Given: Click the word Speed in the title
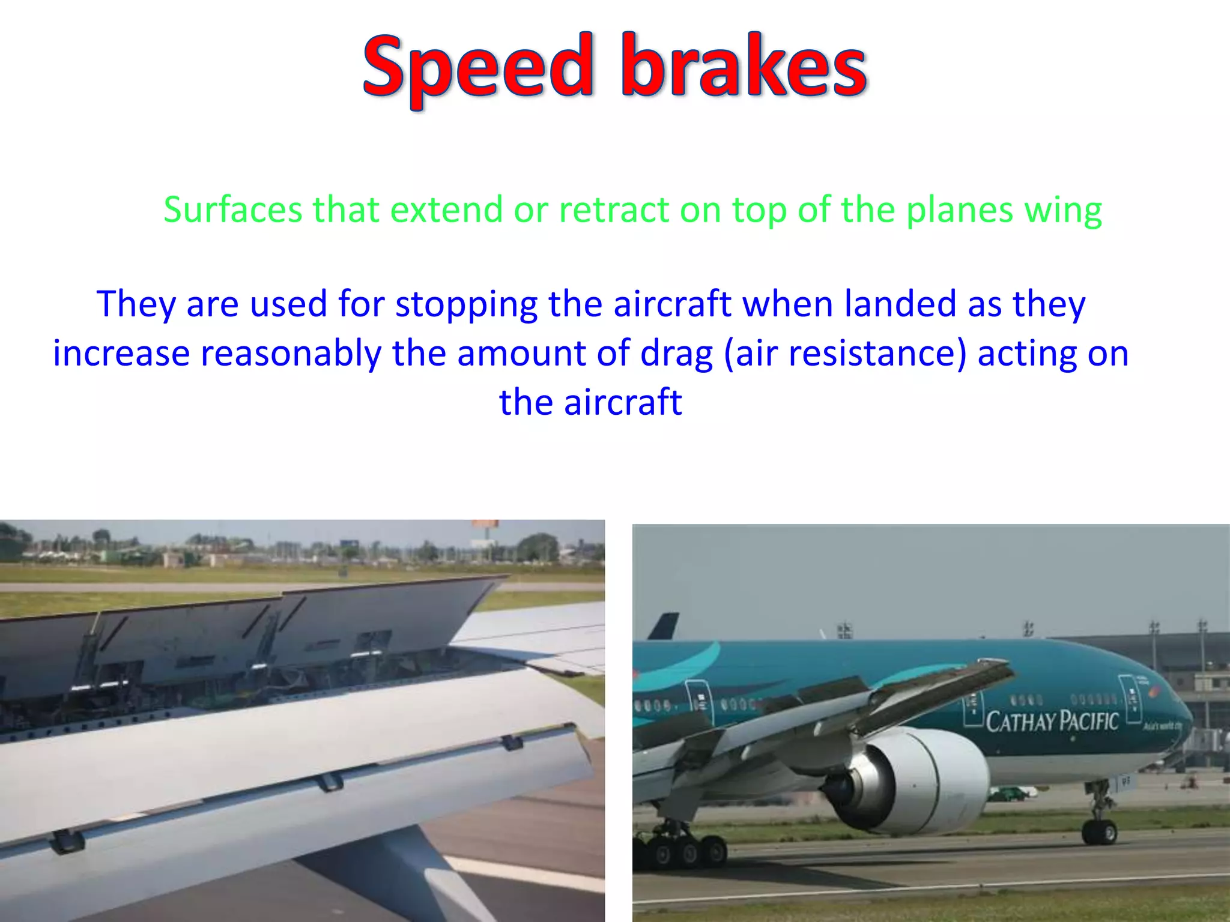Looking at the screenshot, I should [x=478, y=67].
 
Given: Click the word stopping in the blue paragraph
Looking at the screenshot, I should [x=466, y=305].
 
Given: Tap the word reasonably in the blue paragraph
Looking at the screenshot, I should [x=291, y=354].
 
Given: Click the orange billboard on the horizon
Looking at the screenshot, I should [x=485, y=524].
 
